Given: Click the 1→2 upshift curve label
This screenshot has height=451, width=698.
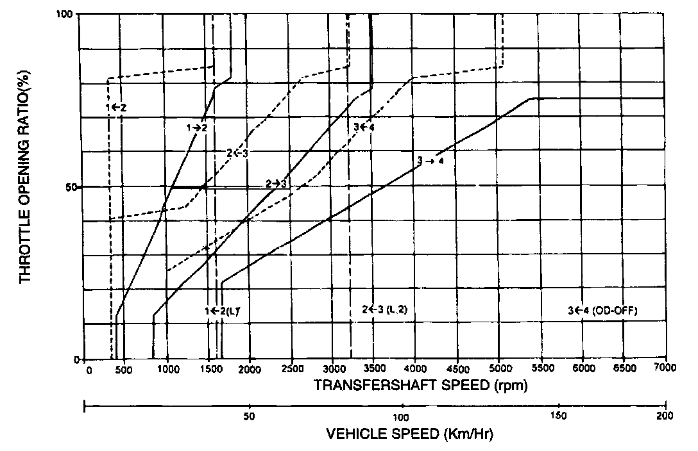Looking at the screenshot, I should pos(197,127).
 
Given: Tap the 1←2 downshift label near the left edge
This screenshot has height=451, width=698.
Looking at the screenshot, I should pos(116,107).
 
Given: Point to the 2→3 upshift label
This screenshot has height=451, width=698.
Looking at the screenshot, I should pos(277,184).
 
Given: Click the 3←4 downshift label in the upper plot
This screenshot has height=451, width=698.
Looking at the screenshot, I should pos(364,127).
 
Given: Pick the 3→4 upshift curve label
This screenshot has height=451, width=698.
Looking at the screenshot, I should pos(430,161).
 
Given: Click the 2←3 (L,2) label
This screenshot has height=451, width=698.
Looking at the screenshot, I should pos(385,309).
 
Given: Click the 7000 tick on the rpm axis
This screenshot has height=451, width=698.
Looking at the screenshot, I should pos(665,369).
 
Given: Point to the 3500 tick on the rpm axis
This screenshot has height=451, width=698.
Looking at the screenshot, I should pos(373,369).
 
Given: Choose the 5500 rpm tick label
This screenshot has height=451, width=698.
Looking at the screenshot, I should pos(540,369).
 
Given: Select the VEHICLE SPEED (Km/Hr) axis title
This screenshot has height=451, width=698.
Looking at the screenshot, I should pos(409,434).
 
